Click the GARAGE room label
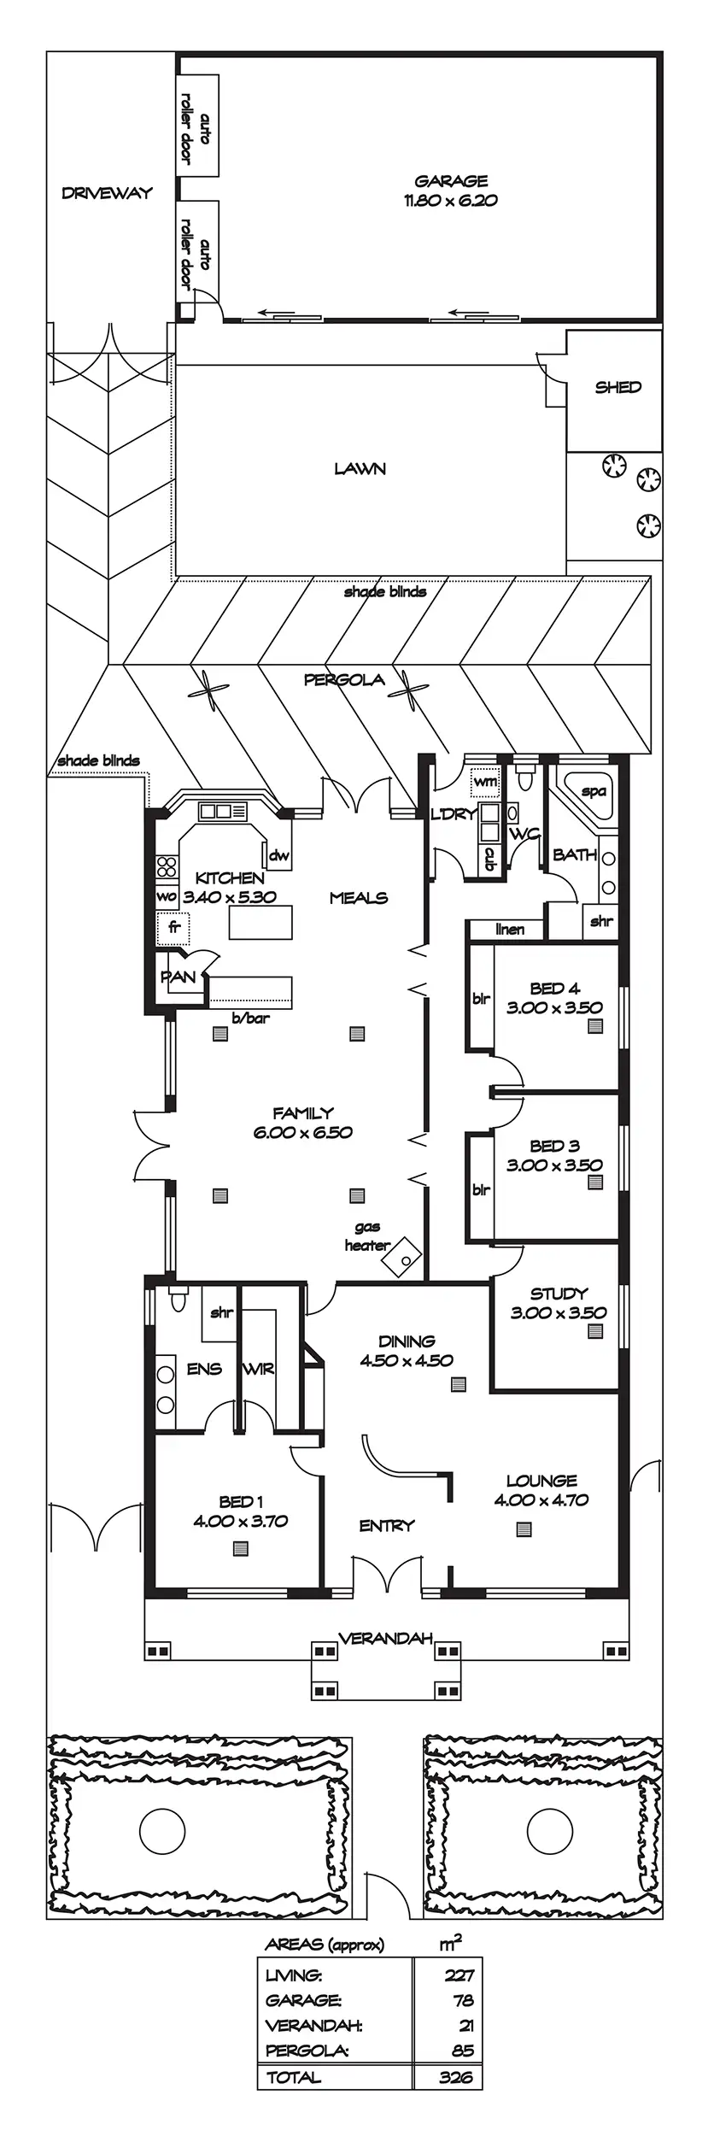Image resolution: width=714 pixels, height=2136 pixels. (x=451, y=181)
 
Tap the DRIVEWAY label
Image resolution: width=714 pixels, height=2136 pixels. (x=107, y=193)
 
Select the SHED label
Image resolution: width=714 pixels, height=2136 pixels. (x=617, y=387)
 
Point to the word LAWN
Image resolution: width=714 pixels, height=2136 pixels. (x=360, y=468)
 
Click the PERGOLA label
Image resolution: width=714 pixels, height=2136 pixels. (x=344, y=680)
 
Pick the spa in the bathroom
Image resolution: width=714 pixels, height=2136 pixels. (x=593, y=792)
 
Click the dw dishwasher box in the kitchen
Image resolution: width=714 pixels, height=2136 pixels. (x=279, y=855)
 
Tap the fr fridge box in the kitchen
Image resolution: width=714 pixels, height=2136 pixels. (x=173, y=927)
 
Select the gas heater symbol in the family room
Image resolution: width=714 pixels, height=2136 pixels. (x=401, y=1256)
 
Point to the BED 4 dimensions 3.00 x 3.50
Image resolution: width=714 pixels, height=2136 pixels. (x=554, y=1007)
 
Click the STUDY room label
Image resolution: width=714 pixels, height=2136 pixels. (x=559, y=1294)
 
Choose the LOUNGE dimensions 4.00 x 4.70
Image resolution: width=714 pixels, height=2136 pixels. (x=541, y=1499)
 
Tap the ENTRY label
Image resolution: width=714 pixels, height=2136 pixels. (x=387, y=1525)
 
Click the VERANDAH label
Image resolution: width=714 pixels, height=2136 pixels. (x=385, y=1638)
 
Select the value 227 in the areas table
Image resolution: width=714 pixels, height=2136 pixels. (x=459, y=1975)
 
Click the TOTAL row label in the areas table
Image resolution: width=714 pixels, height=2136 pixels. (x=294, y=2077)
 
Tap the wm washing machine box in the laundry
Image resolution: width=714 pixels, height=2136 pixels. (x=485, y=782)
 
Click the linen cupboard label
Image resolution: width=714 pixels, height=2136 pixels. (x=510, y=930)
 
